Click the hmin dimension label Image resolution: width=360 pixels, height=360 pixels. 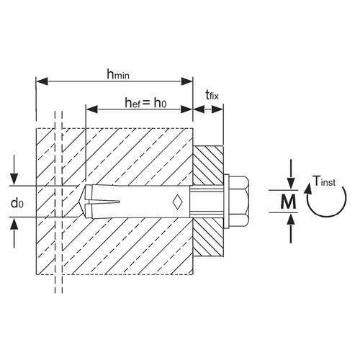[x=118, y=74]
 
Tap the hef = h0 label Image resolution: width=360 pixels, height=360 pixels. [x=145, y=103]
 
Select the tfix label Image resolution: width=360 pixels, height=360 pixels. [x=212, y=95]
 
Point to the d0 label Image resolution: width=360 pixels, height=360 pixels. [x=17, y=203]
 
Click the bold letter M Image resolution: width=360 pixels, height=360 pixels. [x=288, y=202]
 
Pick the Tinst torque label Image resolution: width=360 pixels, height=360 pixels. [x=324, y=181]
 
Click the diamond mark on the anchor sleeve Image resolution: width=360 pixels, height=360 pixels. [x=177, y=202]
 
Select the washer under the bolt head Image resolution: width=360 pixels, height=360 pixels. [x=227, y=202]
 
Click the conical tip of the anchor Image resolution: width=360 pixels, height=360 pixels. [x=82, y=202]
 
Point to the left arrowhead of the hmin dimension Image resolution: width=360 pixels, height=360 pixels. [x=42, y=81]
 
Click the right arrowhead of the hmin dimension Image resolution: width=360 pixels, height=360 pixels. [x=187, y=81]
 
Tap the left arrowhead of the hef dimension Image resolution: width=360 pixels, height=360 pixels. [x=91, y=109]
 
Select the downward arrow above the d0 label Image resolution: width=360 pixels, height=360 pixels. [x=14, y=170]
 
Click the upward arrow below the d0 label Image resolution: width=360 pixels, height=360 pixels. [x=14, y=233]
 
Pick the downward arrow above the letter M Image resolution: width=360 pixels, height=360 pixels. [x=291, y=174]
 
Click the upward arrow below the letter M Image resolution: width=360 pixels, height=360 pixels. [x=291, y=228]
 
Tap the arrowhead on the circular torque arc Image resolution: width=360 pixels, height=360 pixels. [x=308, y=189]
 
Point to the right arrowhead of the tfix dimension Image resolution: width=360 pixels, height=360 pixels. [x=217, y=109]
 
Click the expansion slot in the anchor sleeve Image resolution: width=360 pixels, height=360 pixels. [x=104, y=202]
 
